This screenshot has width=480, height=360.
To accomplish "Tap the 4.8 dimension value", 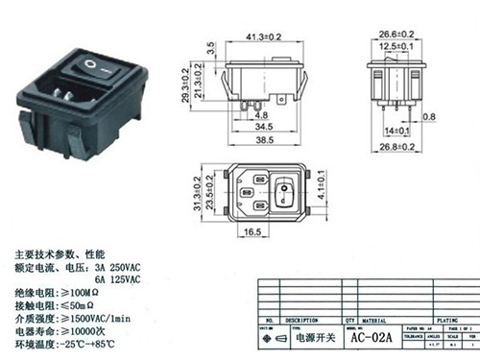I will pyautogui.click(x=238, y=113).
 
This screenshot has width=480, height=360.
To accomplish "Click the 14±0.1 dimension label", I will pyautogui.click(x=395, y=127).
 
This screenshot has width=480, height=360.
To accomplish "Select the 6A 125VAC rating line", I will pyautogui.click(x=121, y=279).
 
